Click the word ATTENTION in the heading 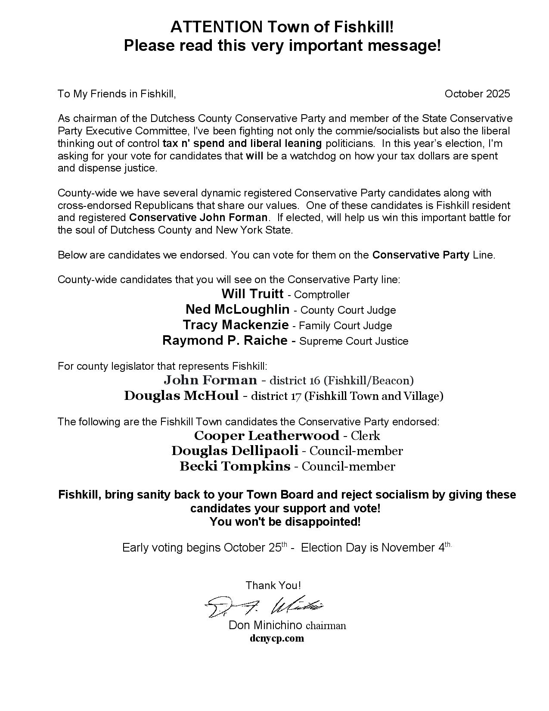217,27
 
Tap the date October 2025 477,94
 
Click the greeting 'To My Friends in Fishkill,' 117,94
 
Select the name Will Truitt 252,294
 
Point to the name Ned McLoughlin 237,309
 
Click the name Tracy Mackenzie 236,325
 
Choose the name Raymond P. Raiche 225,340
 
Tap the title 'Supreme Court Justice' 354,341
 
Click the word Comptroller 322,295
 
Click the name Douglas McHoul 181,396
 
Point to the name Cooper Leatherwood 267,436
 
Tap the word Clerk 366,436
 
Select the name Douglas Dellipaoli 235,451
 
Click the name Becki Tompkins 235,466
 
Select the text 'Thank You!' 273,585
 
